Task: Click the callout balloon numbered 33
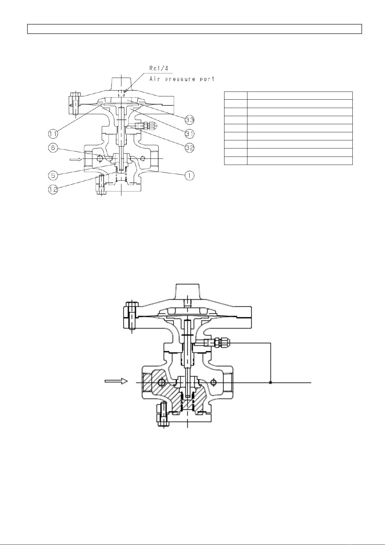(190, 120)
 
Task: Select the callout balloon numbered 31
(190, 134)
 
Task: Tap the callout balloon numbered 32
(190, 148)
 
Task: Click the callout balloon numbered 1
(190, 175)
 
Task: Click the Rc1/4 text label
(159, 68)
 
